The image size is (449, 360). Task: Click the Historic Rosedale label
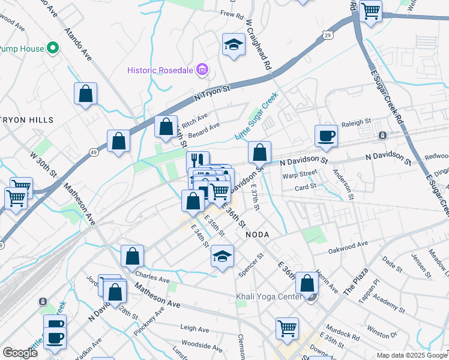(x=160, y=70)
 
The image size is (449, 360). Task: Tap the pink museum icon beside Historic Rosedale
(x=203, y=70)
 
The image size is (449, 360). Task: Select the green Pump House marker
(x=52, y=48)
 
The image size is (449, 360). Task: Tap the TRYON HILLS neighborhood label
(x=27, y=120)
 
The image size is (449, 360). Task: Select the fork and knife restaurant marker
(x=197, y=159)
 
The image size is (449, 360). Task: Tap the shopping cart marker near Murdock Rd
(x=288, y=328)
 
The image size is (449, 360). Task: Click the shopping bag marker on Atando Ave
(x=86, y=93)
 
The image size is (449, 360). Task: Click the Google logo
(x=20, y=353)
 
